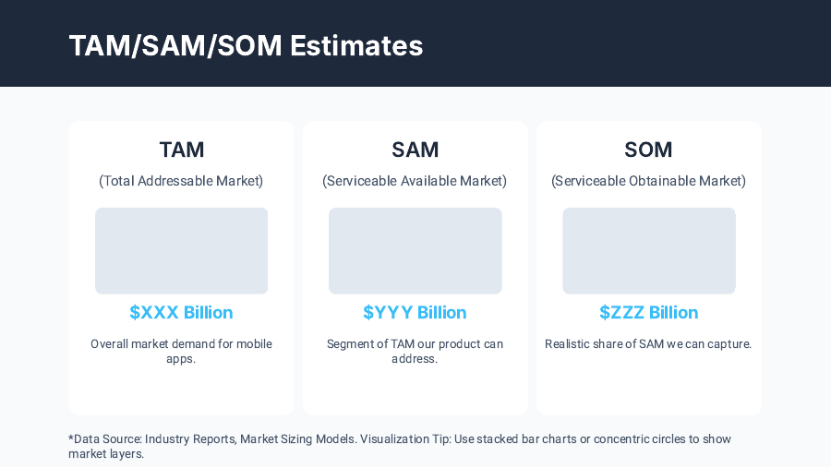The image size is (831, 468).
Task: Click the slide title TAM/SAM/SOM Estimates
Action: click(x=246, y=45)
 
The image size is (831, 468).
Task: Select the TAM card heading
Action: click(x=181, y=150)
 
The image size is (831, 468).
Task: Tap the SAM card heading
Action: click(x=415, y=150)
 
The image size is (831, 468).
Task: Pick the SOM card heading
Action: click(x=648, y=150)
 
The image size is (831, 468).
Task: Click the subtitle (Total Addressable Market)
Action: click(x=181, y=181)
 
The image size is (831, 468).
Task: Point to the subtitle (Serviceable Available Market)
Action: click(x=415, y=181)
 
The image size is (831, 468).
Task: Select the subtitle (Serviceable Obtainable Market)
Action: click(x=648, y=181)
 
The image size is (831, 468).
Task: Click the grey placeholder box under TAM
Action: click(x=181, y=250)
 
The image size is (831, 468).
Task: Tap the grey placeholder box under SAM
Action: click(x=415, y=250)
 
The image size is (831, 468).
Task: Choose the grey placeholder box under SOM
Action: click(x=648, y=250)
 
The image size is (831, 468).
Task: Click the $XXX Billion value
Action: click(x=181, y=312)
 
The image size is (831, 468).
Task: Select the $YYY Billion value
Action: click(x=415, y=312)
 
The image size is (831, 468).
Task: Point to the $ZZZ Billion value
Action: click(x=648, y=312)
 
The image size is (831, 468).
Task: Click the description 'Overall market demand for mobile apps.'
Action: click(x=181, y=351)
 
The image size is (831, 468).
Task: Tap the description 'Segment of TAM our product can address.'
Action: click(x=415, y=351)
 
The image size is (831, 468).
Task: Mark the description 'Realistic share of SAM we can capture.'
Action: click(x=648, y=344)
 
